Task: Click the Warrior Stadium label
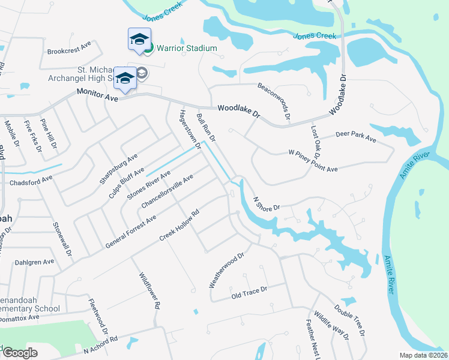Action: [x=187, y=48]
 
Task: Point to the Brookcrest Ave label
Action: [x=68, y=44]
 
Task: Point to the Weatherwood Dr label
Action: [x=226, y=270]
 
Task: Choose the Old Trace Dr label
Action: [x=249, y=293]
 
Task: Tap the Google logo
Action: [x=20, y=353]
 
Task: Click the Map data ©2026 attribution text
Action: [x=423, y=355]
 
